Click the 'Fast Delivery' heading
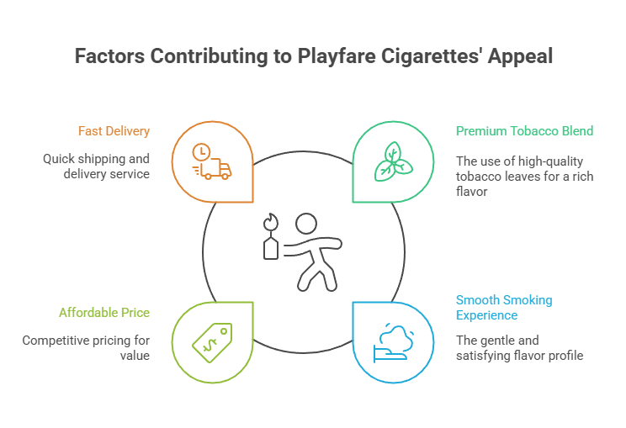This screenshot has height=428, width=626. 114,131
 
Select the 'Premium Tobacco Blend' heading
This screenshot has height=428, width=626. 524,131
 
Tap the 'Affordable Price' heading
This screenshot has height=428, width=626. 103,313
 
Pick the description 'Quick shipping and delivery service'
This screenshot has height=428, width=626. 97,166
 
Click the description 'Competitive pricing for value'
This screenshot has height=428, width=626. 86,348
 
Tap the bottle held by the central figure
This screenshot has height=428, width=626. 271,247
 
